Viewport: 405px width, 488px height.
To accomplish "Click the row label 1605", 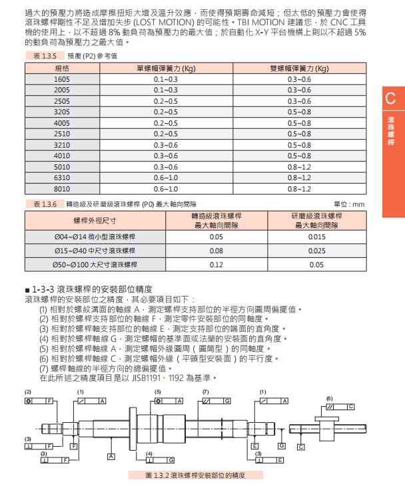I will (x=61, y=79).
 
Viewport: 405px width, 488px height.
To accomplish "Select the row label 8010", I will (x=61, y=189).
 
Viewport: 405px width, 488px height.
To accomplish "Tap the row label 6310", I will (x=61, y=178).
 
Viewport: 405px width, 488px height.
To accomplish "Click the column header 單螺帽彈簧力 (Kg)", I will (x=166, y=68).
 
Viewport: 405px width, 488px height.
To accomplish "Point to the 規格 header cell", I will (x=61, y=68).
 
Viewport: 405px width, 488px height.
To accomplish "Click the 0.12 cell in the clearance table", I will (x=216, y=265).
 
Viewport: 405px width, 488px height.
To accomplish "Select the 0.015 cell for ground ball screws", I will (x=317, y=237).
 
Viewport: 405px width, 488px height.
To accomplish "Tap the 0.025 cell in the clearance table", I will (x=317, y=251).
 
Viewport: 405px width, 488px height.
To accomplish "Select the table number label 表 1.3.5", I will (x=42, y=57).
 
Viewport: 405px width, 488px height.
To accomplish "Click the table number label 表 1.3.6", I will (x=42, y=204).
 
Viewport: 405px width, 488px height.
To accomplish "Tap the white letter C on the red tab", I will (x=391, y=100).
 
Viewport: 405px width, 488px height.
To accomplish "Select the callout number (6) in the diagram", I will (x=329, y=398).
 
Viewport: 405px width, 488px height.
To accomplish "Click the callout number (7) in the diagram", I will (x=206, y=391).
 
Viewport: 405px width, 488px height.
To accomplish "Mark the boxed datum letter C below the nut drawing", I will (x=301, y=447).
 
